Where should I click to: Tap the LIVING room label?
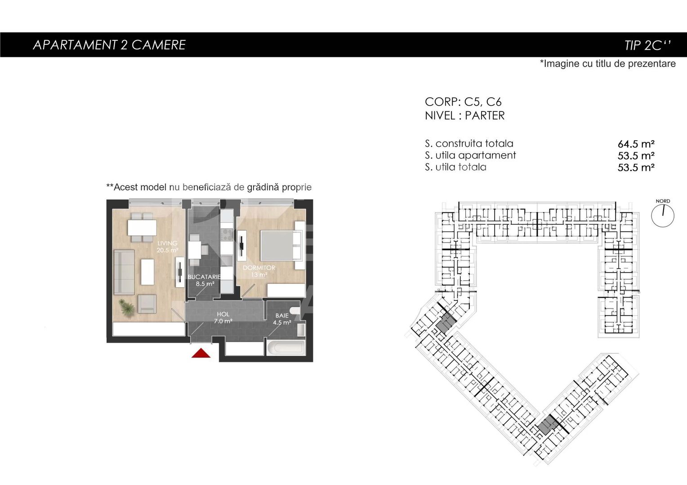click(167, 243)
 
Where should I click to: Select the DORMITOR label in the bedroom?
click(259, 268)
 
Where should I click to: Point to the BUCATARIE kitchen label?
click(204, 277)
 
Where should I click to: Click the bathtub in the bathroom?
click(286, 348)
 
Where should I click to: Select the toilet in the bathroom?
click(295, 310)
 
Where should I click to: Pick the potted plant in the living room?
click(126, 308)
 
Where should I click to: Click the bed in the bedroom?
click(280, 246)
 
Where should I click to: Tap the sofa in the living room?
click(125, 272)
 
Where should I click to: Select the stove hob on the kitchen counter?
click(226, 235)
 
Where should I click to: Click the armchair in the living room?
click(147, 304)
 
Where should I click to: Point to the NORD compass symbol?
click(663, 215)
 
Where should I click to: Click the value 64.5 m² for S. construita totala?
click(636, 144)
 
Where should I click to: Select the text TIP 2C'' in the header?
click(647, 45)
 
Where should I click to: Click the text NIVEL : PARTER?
click(464, 116)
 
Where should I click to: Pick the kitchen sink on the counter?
click(227, 261)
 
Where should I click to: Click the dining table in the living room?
click(142, 228)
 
